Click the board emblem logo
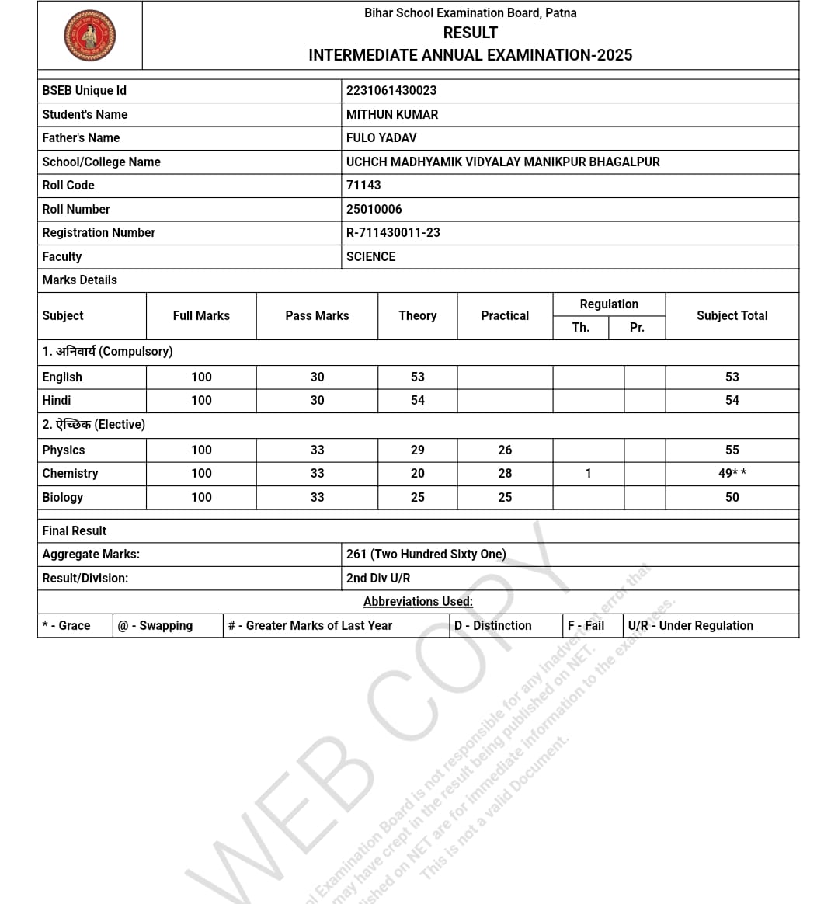click(x=90, y=36)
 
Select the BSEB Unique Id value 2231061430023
click(x=391, y=91)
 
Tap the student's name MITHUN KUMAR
click(x=392, y=114)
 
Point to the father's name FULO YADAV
click(x=381, y=138)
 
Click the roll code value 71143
click(x=363, y=186)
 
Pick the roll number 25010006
click(x=374, y=210)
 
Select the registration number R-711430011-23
click(x=393, y=233)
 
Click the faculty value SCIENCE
click(x=370, y=257)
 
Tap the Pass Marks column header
click(x=317, y=316)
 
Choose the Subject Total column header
click(x=732, y=316)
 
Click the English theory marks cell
click(x=418, y=377)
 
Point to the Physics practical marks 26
click(x=505, y=450)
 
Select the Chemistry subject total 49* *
click(x=732, y=474)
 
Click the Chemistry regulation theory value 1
click(x=588, y=474)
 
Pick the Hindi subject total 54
click(x=732, y=401)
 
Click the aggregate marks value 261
click(x=426, y=555)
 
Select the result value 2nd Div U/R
click(x=378, y=579)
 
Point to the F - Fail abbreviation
click(x=586, y=626)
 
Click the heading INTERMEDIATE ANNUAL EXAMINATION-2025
click(x=470, y=56)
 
